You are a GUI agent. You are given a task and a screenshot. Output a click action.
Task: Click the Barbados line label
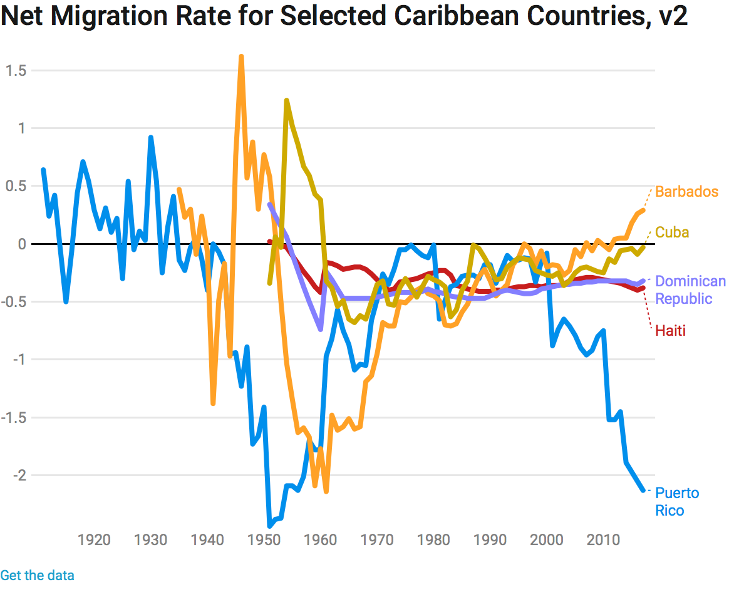tap(686, 192)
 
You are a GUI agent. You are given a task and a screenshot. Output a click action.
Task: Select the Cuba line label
tap(672, 232)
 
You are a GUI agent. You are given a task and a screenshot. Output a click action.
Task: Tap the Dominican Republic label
tap(690, 290)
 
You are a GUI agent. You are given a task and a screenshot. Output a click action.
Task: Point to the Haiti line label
tap(670, 331)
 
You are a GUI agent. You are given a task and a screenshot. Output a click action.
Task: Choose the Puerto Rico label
tap(676, 502)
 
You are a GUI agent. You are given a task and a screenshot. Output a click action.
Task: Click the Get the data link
tap(37, 575)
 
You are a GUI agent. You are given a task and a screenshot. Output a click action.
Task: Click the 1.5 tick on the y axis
tap(16, 71)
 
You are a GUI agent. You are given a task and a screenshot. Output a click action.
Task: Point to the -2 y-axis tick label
tap(21, 476)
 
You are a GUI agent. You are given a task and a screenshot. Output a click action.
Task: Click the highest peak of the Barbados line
tap(241, 57)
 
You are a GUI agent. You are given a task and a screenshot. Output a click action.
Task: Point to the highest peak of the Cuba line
tap(286, 100)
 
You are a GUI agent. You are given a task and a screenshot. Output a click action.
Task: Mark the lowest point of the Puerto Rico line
tap(270, 526)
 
